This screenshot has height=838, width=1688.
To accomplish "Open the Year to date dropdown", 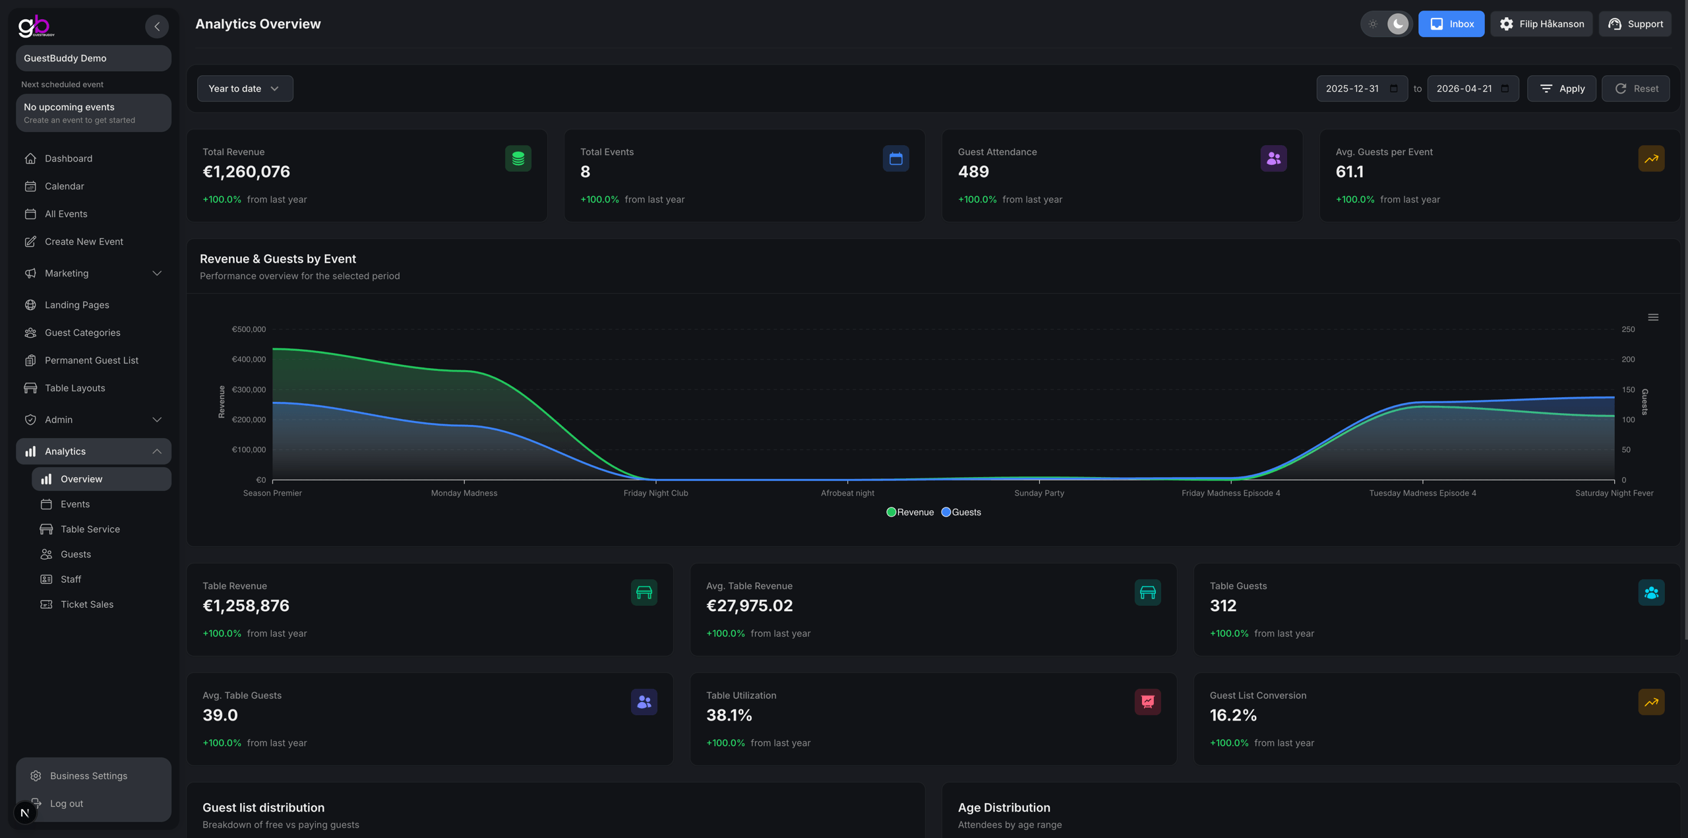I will pyautogui.click(x=245, y=88).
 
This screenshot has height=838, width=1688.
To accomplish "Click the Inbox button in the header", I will pyautogui.click(x=1451, y=24).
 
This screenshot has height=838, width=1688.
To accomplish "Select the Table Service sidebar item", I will pyautogui.click(x=90, y=529).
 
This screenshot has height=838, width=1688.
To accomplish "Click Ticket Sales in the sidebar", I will pyautogui.click(x=87, y=604).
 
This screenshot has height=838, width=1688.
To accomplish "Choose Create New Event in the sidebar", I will pyautogui.click(x=84, y=242).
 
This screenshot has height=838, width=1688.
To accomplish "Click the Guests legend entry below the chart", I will pyautogui.click(x=961, y=512).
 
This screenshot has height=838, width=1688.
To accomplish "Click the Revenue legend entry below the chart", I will pyautogui.click(x=911, y=512).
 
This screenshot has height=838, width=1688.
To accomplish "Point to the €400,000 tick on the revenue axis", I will pyautogui.click(x=249, y=360).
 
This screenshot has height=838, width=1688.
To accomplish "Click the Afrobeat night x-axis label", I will pyautogui.click(x=847, y=493).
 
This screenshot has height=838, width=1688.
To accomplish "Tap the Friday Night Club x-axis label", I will pyautogui.click(x=655, y=493).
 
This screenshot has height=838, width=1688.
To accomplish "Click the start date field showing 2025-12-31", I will pyautogui.click(x=1352, y=88).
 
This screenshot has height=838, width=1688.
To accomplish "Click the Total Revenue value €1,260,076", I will pyautogui.click(x=246, y=172).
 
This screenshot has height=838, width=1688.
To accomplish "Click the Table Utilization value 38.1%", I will pyautogui.click(x=729, y=715).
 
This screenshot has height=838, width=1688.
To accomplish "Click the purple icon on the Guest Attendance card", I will pyautogui.click(x=1273, y=158).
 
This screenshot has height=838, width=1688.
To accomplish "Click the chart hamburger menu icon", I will pyautogui.click(x=1653, y=317).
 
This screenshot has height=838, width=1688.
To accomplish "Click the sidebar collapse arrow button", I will pyautogui.click(x=157, y=26).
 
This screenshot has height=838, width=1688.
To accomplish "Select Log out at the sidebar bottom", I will pyautogui.click(x=67, y=804).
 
